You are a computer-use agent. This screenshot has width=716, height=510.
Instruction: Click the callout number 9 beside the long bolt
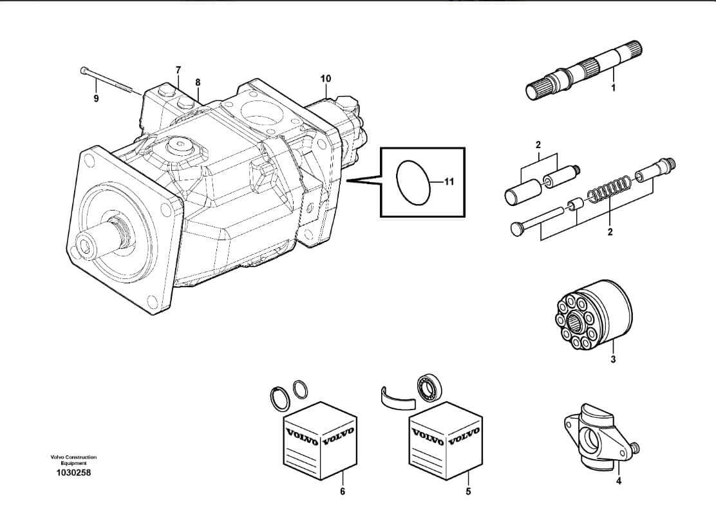96,99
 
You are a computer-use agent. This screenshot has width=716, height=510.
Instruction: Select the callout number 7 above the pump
178,70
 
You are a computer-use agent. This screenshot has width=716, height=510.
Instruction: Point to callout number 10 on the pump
326,79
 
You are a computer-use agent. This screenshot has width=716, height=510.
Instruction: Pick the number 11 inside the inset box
449,182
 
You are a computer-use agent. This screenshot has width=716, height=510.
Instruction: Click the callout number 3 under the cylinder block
612,359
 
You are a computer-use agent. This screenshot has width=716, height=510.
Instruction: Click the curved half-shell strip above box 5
397,399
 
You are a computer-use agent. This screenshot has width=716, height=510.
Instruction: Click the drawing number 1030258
73,473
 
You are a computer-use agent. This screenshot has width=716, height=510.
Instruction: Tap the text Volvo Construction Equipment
73,460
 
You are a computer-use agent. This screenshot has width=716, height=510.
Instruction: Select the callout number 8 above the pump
198,82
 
